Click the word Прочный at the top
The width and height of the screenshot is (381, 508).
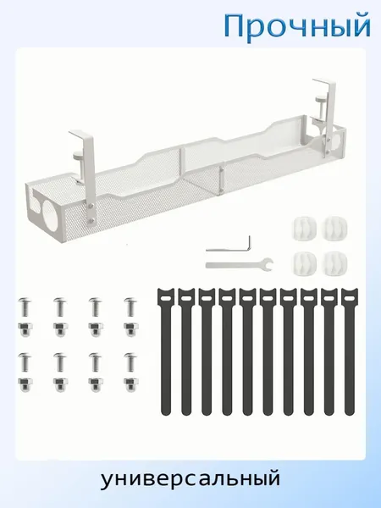coord(297,26)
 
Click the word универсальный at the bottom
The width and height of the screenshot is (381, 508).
coord(190,479)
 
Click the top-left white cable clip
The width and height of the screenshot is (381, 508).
coord(303,227)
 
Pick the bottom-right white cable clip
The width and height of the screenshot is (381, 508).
coord(335,262)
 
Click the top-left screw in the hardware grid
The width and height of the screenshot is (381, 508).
coord(25,306)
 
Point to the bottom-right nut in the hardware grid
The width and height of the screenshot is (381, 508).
coord(131,384)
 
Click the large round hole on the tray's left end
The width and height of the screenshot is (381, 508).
coord(52,210)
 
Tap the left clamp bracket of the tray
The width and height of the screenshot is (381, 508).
coord(85,175)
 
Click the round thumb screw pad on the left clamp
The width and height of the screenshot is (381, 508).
coord(78,157)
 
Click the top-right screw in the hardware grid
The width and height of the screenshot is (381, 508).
coord(131,306)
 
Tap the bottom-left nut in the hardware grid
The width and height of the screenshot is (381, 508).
coord(25,384)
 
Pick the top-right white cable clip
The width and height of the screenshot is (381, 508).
coord(335,227)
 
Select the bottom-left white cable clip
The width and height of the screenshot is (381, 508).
coord(303,262)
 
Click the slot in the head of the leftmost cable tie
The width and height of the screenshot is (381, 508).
coord(165,298)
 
